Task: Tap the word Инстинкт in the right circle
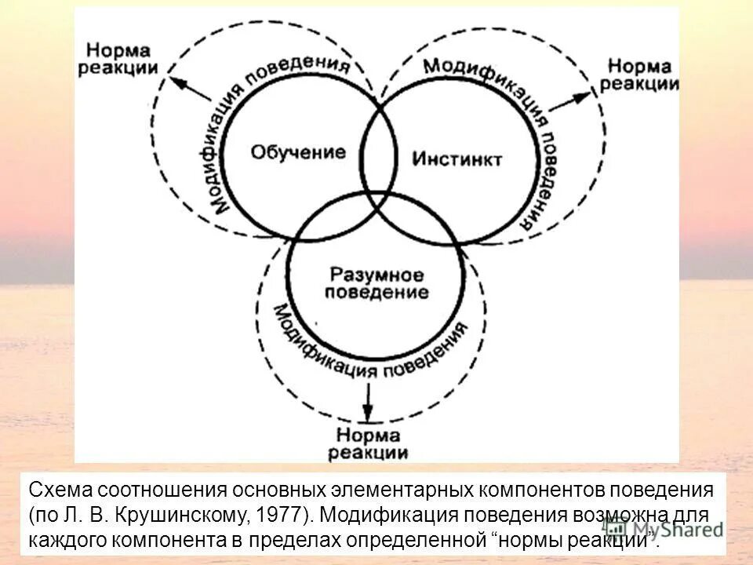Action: click(457, 159)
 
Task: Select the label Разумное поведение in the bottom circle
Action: click(377, 284)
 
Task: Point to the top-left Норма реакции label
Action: click(119, 57)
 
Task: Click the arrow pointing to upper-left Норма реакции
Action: click(191, 86)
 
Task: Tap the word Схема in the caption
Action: click(57, 490)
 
